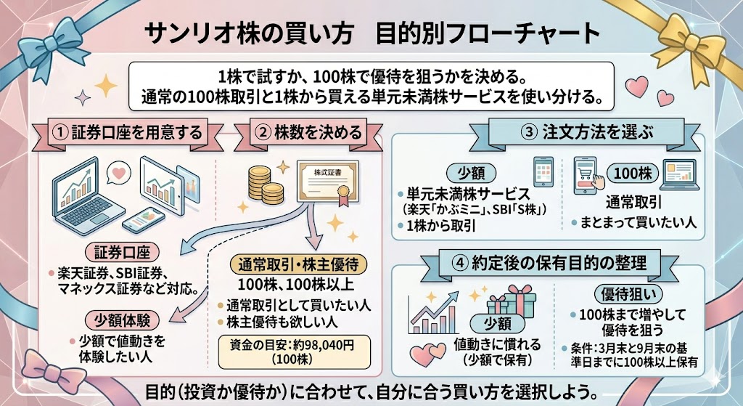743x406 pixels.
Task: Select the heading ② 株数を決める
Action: click(309, 132)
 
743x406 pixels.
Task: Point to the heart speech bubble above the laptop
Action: click(115, 173)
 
